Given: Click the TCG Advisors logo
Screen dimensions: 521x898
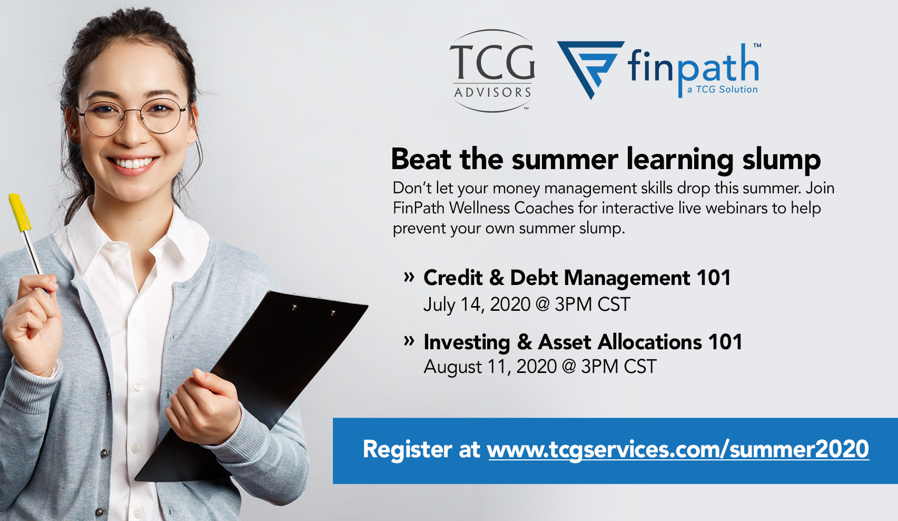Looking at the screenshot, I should click(492, 71).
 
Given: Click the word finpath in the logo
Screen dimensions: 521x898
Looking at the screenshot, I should click(693, 67).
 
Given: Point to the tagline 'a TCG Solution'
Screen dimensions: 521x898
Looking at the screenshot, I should click(722, 90).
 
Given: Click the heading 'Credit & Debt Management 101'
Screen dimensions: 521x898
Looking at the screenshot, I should click(577, 278).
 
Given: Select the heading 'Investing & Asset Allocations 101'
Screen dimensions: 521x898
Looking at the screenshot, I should click(583, 342).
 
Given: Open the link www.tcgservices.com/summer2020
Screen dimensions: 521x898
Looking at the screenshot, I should click(678, 449).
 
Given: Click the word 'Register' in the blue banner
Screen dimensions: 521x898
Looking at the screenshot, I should click(407, 450).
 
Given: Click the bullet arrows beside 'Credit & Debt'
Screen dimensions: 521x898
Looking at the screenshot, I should click(409, 277).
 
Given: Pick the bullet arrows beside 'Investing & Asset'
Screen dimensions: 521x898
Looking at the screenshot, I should click(409, 341).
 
